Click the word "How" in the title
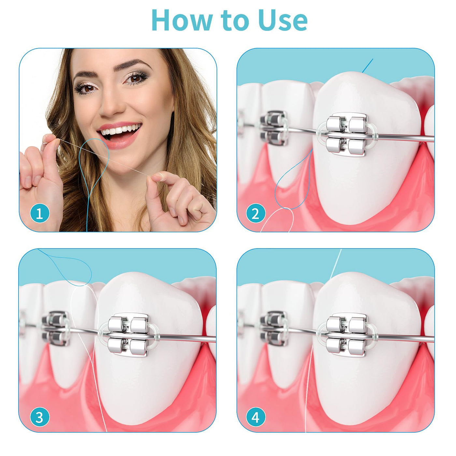point(182,20)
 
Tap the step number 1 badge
point(40,213)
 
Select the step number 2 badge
point(255,213)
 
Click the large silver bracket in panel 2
point(347,135)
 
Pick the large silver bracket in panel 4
point(347,335)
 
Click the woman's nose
point(113,104)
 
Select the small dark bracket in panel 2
point(274,128)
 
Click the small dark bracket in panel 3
point(56,328)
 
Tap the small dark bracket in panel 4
point(274,328)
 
